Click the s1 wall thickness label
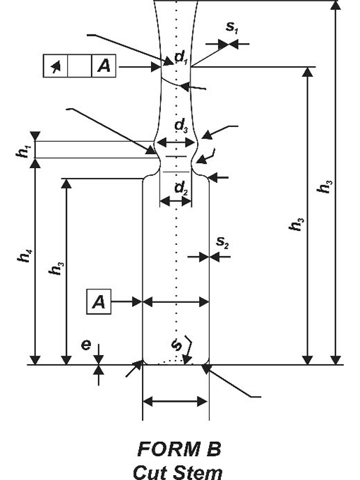point(232,28)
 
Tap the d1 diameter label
point(181,57)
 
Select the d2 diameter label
point(181,188)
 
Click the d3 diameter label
point(181,126)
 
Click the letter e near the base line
point(86,345)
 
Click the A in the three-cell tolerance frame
point(104,66)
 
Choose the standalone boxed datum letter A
point(99,302)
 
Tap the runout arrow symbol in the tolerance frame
point(55,66)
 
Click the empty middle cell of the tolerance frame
point(80,66)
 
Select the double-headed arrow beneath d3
point(176,142)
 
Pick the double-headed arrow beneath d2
point(176,201)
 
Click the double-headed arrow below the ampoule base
point(176,402)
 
